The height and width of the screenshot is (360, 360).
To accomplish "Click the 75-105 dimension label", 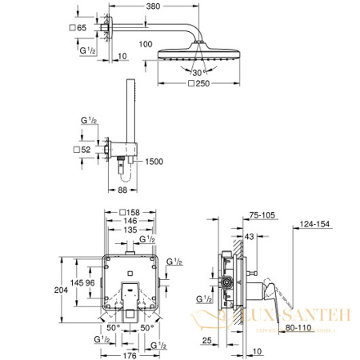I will click(258, 214).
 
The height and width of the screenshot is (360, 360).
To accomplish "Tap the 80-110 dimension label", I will click(298, 327).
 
